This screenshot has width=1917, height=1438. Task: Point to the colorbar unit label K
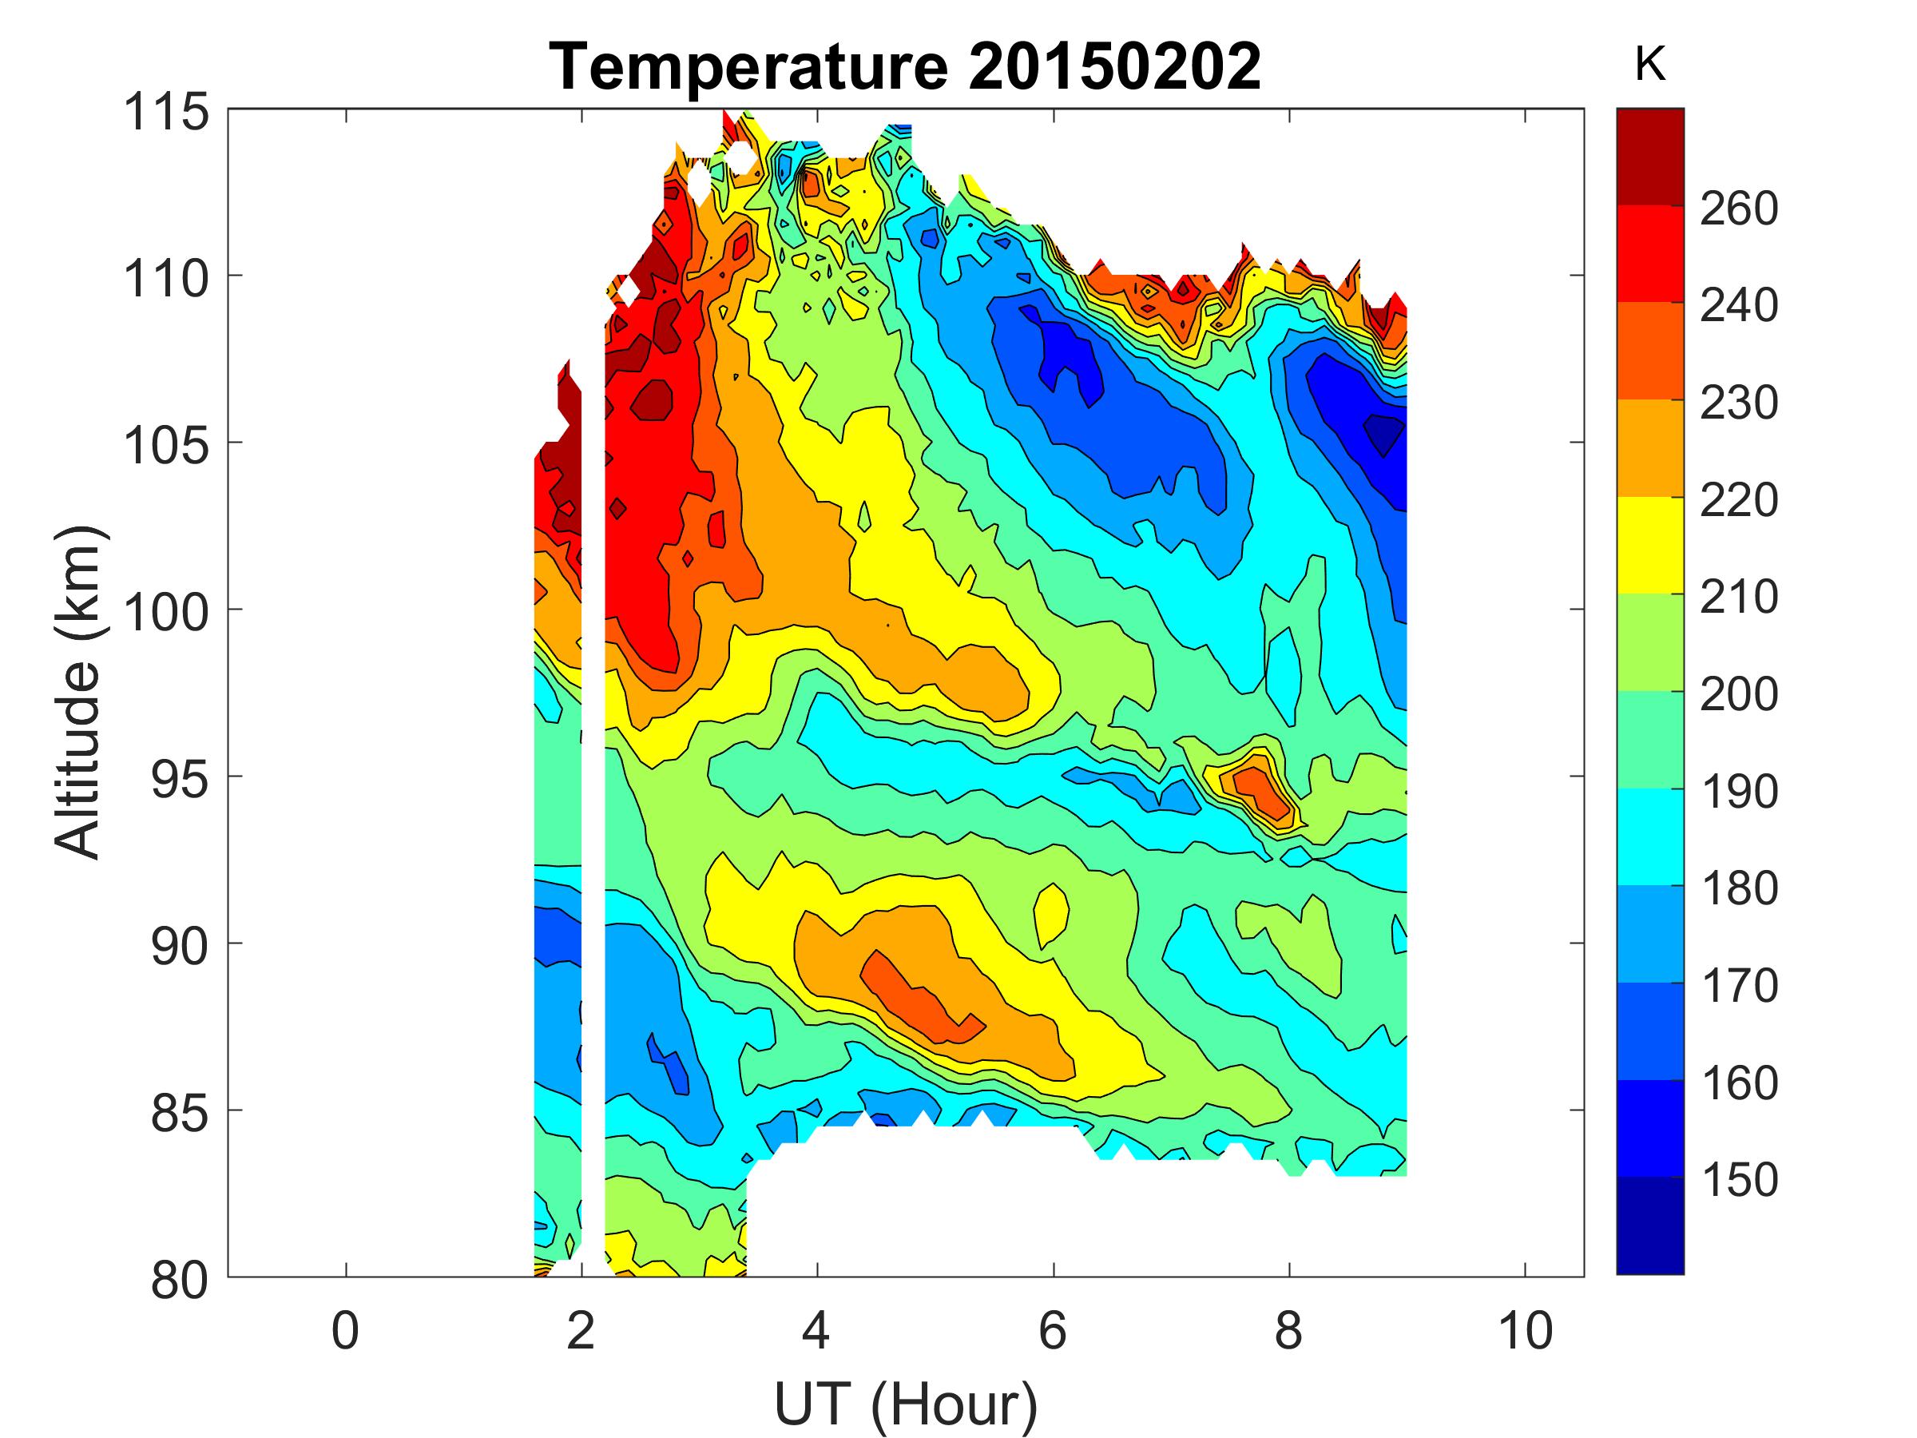[x=1650, y=64]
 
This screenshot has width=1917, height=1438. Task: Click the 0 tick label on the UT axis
[x=345, y=1330]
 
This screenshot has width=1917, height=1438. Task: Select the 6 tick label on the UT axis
[x=1053, y=1330]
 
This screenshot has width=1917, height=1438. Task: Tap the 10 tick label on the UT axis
[x=1526, y=1330]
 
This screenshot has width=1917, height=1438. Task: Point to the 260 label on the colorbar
[x=1738, y=208]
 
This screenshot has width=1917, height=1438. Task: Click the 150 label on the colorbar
[x=1738, y=1180]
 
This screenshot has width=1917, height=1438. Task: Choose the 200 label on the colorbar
[x=1738, y=693]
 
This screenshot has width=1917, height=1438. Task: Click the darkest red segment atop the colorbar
[x=1650, y=156]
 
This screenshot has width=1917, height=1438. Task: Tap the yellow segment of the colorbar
[x=1650, y=544]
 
